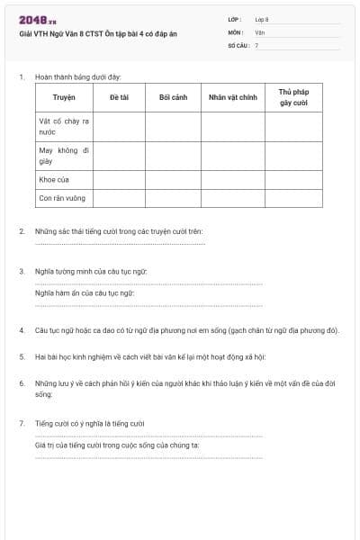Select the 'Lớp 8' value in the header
click(x=262, y=19)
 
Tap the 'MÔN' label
click(x=236, y=31)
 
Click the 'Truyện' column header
click(x=64, y=97)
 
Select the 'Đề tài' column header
click(x=119, y=97)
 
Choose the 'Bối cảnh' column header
click(x=173, y=97)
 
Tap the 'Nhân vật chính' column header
click(x=233, y=97)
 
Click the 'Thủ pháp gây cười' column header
click(x=293, y=97)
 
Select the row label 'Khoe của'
click(x=55, y=179)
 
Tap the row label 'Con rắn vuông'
click(x=62, y=198)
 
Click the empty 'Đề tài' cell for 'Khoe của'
click(x=119, y=179)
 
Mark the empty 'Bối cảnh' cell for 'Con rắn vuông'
click(x=173, y=198)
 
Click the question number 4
click(x=22, y=330)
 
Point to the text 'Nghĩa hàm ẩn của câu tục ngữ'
click(x=85, y=292)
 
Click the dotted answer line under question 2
click(x=120, y=243)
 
